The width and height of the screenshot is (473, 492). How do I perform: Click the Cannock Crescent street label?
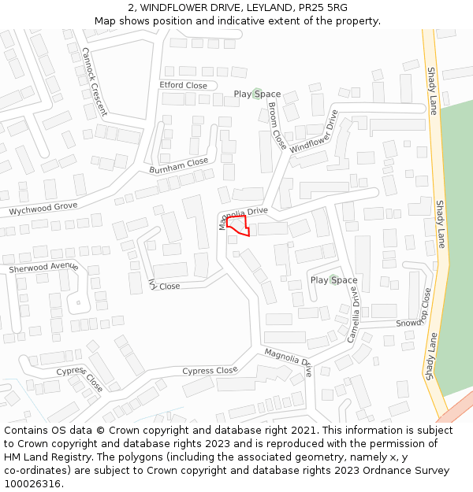(94, 81)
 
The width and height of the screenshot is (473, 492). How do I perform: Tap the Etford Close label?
(183, 85)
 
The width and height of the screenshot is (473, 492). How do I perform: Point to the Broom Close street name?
(277, 126)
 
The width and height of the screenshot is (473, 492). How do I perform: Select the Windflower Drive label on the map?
(314, 132)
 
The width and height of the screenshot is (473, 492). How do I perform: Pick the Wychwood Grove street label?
(43, 209)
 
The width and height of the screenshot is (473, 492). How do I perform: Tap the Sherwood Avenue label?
(43, 267)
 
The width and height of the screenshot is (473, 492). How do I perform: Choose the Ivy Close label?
(164, 286)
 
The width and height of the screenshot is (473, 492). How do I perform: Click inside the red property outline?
(239, 228)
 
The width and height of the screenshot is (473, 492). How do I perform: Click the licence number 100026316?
(32, 483)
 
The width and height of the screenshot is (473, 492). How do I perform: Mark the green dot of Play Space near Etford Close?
(257, 94)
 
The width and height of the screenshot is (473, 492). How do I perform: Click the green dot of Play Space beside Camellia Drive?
(333, 279)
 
